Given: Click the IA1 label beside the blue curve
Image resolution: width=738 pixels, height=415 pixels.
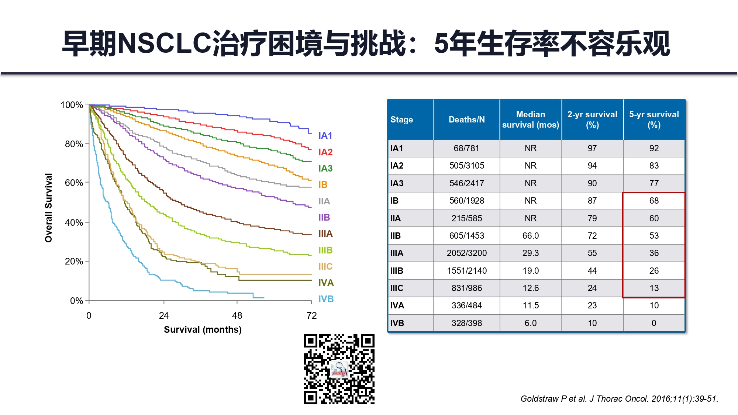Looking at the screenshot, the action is (325, 136).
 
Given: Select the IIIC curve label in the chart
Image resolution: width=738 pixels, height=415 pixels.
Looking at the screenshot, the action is (325, 266).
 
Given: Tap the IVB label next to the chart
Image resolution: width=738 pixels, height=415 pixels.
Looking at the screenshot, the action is (326, 299).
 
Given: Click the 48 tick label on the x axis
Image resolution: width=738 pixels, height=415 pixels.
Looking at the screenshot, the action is (237, 315).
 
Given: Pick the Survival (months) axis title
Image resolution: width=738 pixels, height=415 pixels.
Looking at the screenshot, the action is (203, 329).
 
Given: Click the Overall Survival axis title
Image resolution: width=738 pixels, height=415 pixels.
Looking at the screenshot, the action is (48, 208).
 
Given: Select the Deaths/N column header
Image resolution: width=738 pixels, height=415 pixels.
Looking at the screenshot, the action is (466, 120).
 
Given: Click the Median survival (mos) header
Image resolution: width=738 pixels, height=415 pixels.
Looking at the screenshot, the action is (530, 120).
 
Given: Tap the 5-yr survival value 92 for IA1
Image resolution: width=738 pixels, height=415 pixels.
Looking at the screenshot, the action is (654, 148).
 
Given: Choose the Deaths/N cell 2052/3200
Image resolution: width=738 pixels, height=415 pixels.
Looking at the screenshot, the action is (466, 253).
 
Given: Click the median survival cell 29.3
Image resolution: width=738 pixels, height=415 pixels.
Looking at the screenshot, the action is (530, 253).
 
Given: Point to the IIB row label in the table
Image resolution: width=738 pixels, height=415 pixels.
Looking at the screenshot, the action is (396, 236).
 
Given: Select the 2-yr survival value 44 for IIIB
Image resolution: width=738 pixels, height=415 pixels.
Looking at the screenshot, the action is (592, 271).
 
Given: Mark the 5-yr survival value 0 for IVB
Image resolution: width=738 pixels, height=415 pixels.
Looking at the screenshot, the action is (654, 323).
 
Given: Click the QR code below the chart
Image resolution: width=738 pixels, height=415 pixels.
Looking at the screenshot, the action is (339, 369).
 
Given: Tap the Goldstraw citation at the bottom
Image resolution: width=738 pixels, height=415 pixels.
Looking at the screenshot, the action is (619, 399).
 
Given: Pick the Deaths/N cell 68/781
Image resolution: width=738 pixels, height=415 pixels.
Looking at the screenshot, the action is (466, 148).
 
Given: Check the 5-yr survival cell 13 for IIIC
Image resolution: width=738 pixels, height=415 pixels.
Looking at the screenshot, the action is (654, 288).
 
